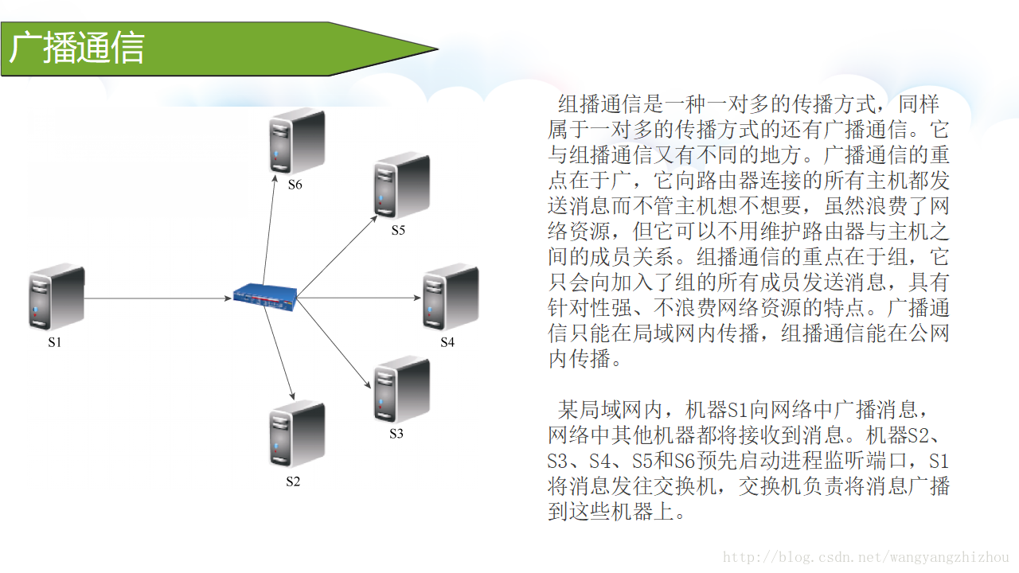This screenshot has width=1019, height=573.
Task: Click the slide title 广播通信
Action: tap(77, 48)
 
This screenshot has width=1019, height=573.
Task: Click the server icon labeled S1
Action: tap(57, 298)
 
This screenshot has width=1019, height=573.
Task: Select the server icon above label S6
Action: tap(296, 141)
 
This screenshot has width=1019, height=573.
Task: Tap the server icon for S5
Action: tap(401, 187)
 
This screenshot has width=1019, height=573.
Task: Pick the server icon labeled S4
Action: tap(450, 298)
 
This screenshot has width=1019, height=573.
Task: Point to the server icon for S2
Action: tap(296, 435)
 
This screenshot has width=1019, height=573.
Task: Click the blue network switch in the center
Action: tap(265, 294)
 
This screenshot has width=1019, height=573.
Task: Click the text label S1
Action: tap(54, 343)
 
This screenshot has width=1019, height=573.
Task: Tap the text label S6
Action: tap(295, 185)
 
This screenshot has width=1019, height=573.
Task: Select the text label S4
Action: tap(447, 343)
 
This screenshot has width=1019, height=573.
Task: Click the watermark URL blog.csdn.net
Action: tap(865, 558)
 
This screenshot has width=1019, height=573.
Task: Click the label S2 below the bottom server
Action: tap(294, 481)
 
